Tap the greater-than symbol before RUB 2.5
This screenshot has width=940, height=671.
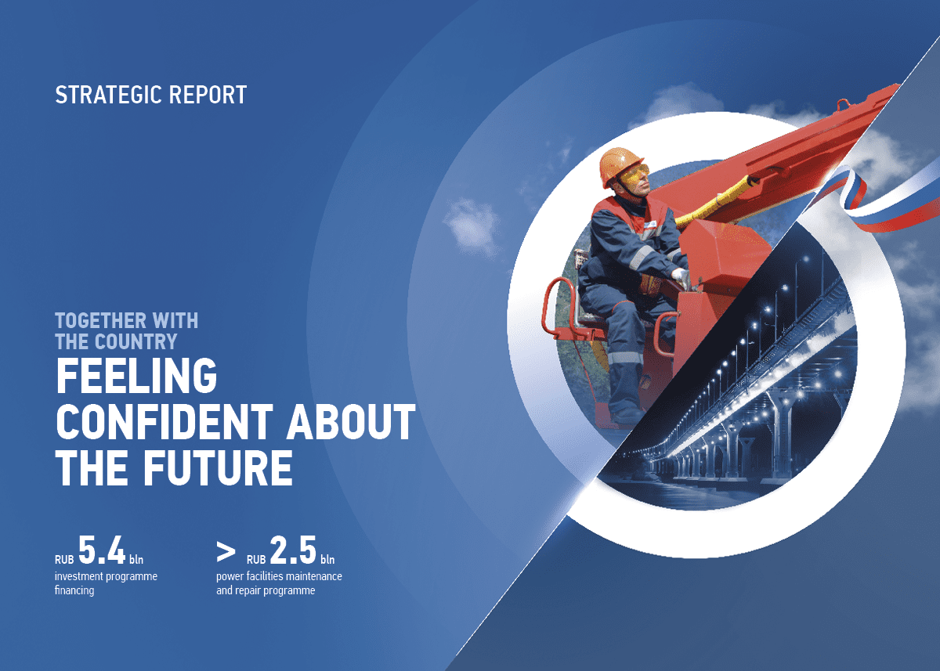(226, 553)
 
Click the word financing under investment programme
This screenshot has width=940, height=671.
(74, 591)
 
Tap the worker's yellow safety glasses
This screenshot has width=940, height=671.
(634, 176)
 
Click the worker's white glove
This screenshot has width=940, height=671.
(680, 278)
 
